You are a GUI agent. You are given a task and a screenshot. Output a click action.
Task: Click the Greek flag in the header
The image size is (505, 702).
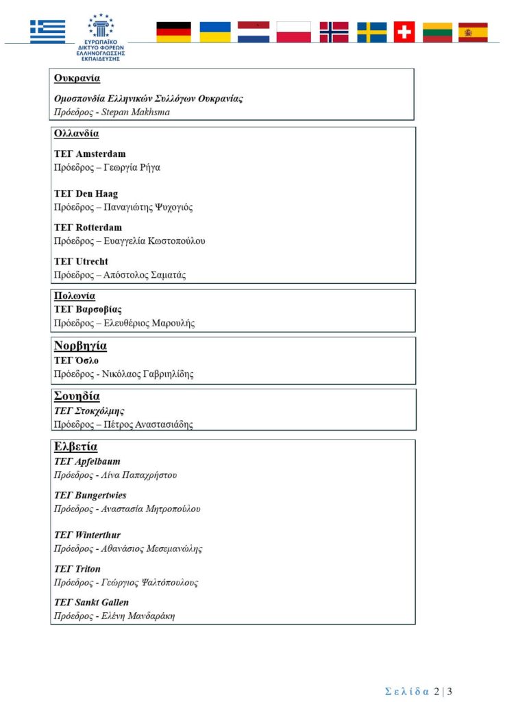point(47,32)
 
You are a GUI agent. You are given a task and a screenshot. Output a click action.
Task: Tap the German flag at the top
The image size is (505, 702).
point(173,32)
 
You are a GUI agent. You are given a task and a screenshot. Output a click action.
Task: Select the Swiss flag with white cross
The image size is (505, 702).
point(404,32)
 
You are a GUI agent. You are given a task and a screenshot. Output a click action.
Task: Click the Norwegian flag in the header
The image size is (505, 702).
point(334,32)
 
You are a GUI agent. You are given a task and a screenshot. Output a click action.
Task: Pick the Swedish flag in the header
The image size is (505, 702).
point(371,32)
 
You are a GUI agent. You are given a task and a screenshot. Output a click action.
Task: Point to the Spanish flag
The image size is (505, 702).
point(473,32)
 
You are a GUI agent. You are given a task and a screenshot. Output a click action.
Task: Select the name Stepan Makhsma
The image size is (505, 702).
point(135,112)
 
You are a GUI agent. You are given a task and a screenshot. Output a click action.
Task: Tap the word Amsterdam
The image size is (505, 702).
point(101,154)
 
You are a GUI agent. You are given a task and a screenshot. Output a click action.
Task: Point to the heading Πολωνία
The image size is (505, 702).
point(75,296)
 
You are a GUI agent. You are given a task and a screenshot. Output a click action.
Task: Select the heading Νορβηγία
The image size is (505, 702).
point(80,346)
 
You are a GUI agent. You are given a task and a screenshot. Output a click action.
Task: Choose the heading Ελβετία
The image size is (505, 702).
point(75,447)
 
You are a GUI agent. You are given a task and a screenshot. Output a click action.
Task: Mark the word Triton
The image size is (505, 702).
point(88,568)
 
